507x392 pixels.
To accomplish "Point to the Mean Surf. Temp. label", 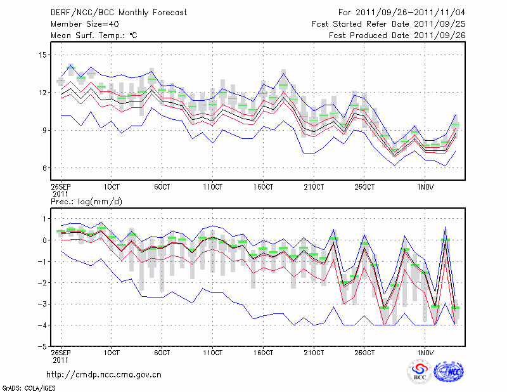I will [93, 36].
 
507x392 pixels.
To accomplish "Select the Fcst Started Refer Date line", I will [388, 23].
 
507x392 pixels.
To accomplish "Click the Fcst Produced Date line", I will [397, 36].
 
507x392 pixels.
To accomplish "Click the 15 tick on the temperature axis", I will [42, 55].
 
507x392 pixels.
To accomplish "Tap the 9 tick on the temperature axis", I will [44, 131].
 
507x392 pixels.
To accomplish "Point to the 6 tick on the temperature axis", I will [44, 168].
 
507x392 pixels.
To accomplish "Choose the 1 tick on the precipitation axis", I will [44, 219].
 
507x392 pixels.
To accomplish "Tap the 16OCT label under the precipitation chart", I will [263, 353].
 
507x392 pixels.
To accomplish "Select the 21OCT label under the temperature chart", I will [313, 187].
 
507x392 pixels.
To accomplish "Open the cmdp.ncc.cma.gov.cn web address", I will [104, 374].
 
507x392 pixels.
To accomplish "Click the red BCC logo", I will [419, 372].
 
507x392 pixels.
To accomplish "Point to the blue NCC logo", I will [448, 372].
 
